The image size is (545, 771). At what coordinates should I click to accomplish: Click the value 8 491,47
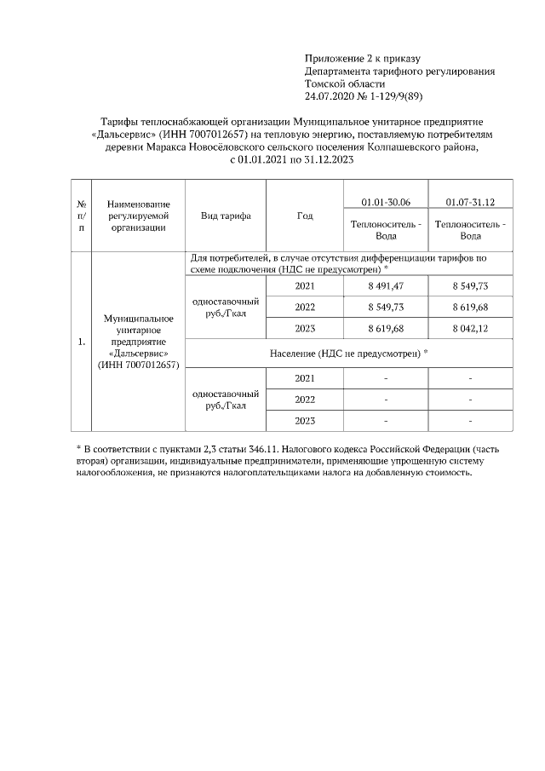pyautogui.click(x=386, y=285)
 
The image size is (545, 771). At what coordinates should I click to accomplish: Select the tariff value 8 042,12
pyautogui.click(x=470, y=328)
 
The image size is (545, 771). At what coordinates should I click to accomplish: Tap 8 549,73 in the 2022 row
pyautogui.click(x=386, y=307)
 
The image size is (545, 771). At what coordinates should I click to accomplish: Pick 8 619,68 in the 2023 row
pyautogui.click(x=386, y=328)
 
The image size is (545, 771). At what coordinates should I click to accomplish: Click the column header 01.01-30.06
pyautogui.click(x=386, y=202)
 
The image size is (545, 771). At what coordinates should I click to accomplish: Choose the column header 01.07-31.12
pyautogui.click(x=470, y=202)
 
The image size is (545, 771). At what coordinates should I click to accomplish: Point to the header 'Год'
pyautogui.click(x=304, y=216)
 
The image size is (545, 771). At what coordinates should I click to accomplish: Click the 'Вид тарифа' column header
pyautogui.click(x=226, y=216)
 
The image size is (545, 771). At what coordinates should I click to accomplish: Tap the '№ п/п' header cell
pyautogui.click(x=82, y=216)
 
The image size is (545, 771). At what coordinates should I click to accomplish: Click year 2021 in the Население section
pyautogui.click(x=304, y=378)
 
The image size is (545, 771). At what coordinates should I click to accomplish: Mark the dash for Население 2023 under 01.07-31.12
pyautogui.click(x=470, y=421)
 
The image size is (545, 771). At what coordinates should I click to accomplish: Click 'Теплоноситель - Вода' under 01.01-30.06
pyautogui.click(x=386, y=230)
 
